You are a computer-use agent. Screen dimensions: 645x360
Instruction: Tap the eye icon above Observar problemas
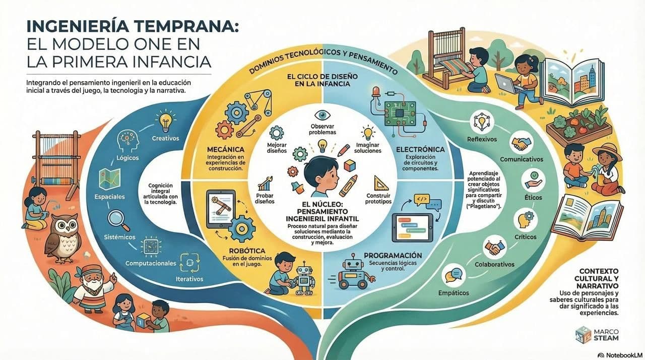322,115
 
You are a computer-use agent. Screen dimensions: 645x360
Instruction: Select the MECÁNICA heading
225,149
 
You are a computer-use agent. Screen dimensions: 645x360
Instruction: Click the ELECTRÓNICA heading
420,149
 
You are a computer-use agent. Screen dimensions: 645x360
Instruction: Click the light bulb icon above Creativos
166,121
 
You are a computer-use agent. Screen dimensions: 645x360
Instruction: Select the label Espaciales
110,197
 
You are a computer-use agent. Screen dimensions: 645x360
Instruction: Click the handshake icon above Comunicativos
522,143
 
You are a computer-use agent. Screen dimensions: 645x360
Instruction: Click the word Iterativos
189,279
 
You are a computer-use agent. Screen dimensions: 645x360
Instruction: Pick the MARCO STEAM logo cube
584,335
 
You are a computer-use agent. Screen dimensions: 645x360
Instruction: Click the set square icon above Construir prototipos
381,183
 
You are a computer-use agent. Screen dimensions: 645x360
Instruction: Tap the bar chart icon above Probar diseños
265,184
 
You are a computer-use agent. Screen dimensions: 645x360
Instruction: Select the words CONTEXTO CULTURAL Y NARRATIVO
596,278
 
